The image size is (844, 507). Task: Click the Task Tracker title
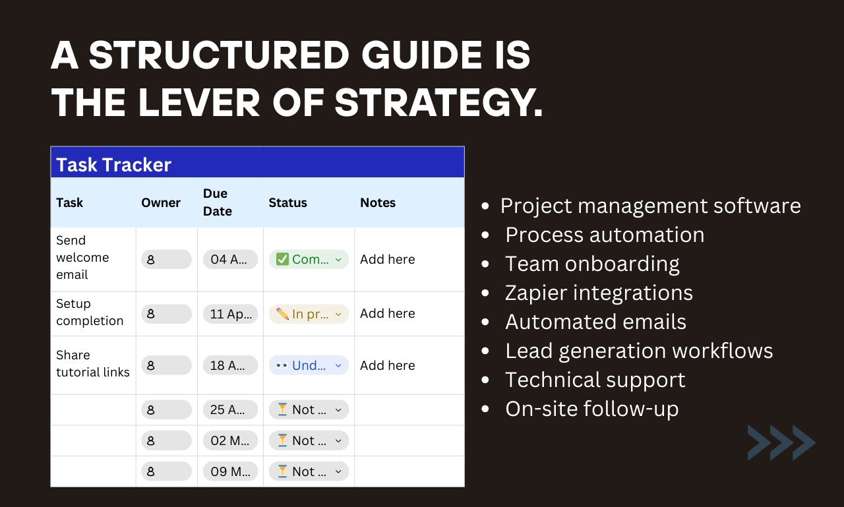point(113,164)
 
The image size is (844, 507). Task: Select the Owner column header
point(160,202)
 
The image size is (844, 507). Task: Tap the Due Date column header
point(218,202)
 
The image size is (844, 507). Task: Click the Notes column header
point(378,202)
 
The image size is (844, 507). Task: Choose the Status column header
point(287,202)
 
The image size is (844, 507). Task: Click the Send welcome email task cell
point(82,258)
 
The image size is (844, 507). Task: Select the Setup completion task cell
point(90,313)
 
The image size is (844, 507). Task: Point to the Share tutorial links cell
point(92,364)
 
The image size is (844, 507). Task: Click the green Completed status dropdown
point(309,259)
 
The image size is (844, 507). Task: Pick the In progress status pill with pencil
point(309,314)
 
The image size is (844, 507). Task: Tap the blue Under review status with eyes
point(309,365)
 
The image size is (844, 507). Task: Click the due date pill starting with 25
point(230,409)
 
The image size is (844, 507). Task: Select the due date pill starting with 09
point(230,471)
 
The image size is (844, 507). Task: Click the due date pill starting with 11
point(230,314)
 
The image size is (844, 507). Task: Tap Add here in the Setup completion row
point(387,314)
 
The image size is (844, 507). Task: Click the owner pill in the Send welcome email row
point(166,259)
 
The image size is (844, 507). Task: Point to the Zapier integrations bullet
point(599,293)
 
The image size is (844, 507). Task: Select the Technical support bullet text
point(595,380)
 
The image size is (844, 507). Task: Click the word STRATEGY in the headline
point(438,103)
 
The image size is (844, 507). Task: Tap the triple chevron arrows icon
point(781,442)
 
